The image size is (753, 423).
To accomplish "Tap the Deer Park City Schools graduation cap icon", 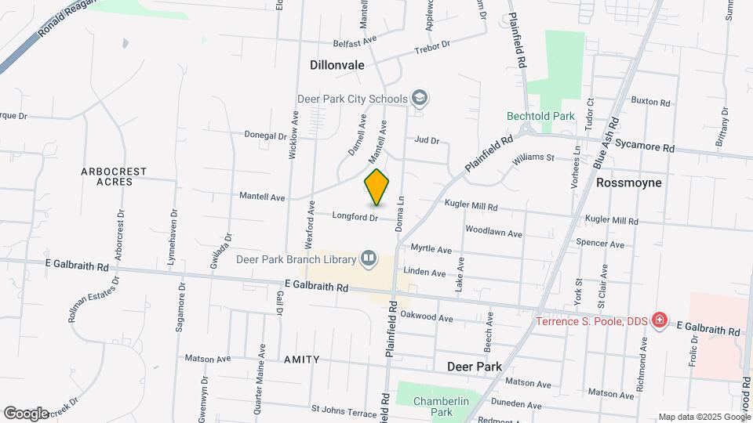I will [420, 98].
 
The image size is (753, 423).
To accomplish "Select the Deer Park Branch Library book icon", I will [368, 258].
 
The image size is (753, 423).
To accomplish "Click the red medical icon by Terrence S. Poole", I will [660, 321].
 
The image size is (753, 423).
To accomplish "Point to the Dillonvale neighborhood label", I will [337, 65].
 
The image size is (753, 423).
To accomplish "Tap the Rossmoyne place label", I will [629, 183].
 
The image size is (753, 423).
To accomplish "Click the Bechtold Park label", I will [541, 116].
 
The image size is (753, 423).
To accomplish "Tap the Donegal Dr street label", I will [265, 135].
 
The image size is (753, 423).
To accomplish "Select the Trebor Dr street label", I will [435, 47].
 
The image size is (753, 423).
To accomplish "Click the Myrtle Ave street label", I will [431, 249].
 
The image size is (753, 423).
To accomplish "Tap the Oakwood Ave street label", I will [427, 318].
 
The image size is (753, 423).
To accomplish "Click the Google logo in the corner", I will [26, 413].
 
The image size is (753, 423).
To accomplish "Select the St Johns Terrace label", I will [344, 409].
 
